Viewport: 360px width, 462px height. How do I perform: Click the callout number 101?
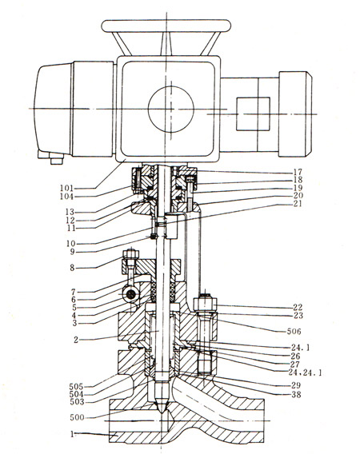pos(66,188)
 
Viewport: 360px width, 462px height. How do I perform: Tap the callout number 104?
pos(66,197)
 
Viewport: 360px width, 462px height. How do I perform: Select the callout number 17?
pos(298,172)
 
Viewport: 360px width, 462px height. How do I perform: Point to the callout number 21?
pos(298,204)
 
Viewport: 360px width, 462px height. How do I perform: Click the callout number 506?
pos(294,332)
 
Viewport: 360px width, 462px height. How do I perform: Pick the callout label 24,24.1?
pos(305,372)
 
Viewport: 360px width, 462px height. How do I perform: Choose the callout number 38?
pos(296,394)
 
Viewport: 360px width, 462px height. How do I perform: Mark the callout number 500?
pos(77,417)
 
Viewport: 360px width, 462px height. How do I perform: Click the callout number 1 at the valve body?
pos(72,434)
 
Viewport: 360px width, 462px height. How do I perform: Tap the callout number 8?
pos(72,268)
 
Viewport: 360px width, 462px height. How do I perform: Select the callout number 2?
pos(76,340)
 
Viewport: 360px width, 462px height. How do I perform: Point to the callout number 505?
pos(76,386)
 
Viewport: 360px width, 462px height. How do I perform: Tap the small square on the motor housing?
pos(253,114)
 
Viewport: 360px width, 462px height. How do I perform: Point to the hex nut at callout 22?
pos(206,304)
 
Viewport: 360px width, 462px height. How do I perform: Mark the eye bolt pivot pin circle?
pos(130,294)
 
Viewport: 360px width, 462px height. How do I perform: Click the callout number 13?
pos(70,212)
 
